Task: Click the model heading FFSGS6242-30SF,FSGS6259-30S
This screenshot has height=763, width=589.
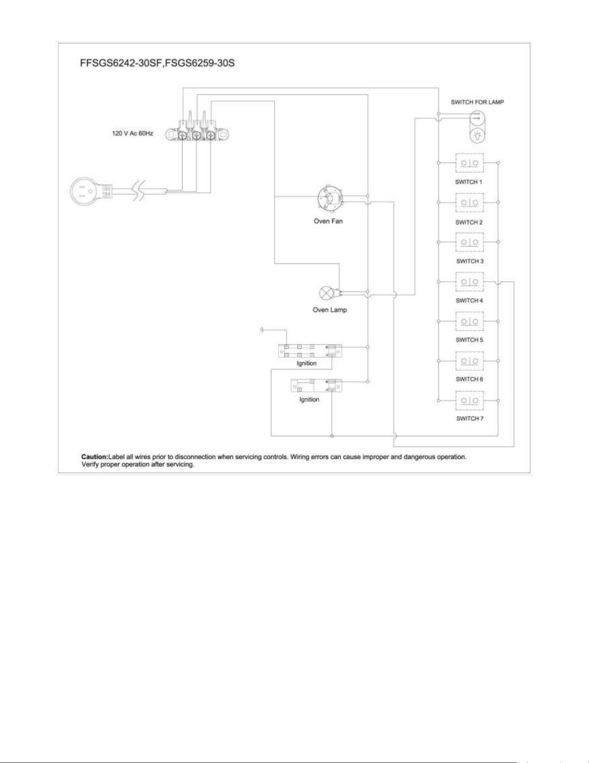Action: coord(157,63)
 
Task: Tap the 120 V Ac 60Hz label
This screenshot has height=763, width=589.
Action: coord(132,133)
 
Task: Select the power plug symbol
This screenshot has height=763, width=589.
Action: coord(91,191)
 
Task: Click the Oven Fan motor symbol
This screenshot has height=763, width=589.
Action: coord(330,198)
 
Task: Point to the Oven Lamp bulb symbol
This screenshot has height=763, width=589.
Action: coord(325,293)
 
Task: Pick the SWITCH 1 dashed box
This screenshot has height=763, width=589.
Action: coord(470,163)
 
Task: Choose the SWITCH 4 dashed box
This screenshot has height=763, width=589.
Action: coord(470,282)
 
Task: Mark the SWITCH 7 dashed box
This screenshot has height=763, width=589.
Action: coord(470,400)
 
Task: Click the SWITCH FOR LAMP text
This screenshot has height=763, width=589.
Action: coord(477,102)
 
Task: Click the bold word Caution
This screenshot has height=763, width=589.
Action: coord(94,457)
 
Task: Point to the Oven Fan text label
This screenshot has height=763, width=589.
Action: coord(328,221)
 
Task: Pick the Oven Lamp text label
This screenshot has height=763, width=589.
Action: coord(330,310)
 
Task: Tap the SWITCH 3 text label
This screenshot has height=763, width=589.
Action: coord(470,261)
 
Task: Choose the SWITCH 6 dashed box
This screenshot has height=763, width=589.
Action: coord(470,361)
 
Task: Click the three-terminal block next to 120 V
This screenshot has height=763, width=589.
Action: coord(197,130)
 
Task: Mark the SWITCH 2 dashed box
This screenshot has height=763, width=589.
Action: coord(470,202)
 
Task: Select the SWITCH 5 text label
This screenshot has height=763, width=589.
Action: coord(470,340)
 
